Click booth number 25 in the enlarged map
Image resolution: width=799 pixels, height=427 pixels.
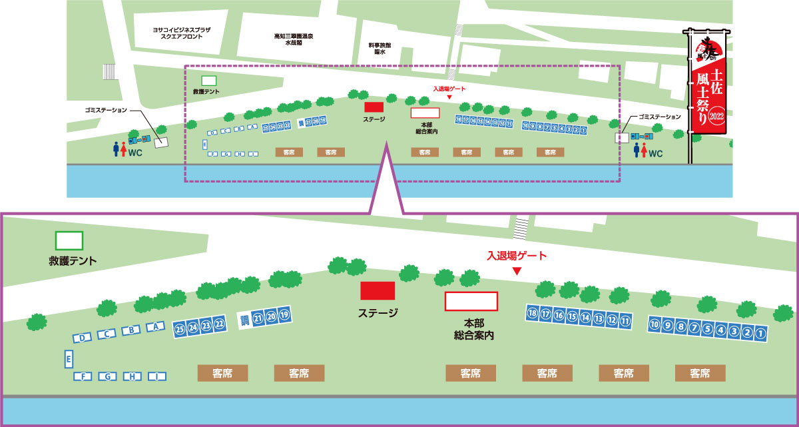coord(179,328)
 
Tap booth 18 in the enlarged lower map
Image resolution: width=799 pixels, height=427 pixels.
coord(532,312)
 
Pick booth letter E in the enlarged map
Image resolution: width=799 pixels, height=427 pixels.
coord(68,359)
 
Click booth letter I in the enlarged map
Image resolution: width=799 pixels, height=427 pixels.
coord(156,376)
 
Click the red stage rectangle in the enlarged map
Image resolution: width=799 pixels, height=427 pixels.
coord(378,291)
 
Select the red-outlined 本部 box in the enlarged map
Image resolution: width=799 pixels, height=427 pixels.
coord(471,301)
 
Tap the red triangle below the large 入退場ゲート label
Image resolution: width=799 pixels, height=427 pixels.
coord(516,271)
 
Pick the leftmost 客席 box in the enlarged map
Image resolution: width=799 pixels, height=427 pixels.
coord(222,373)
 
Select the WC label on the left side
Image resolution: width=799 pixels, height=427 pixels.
coord(136,153)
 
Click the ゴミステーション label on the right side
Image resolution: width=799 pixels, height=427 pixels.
coord(659,117)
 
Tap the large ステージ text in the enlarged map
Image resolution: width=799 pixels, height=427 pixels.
coord(378,313)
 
